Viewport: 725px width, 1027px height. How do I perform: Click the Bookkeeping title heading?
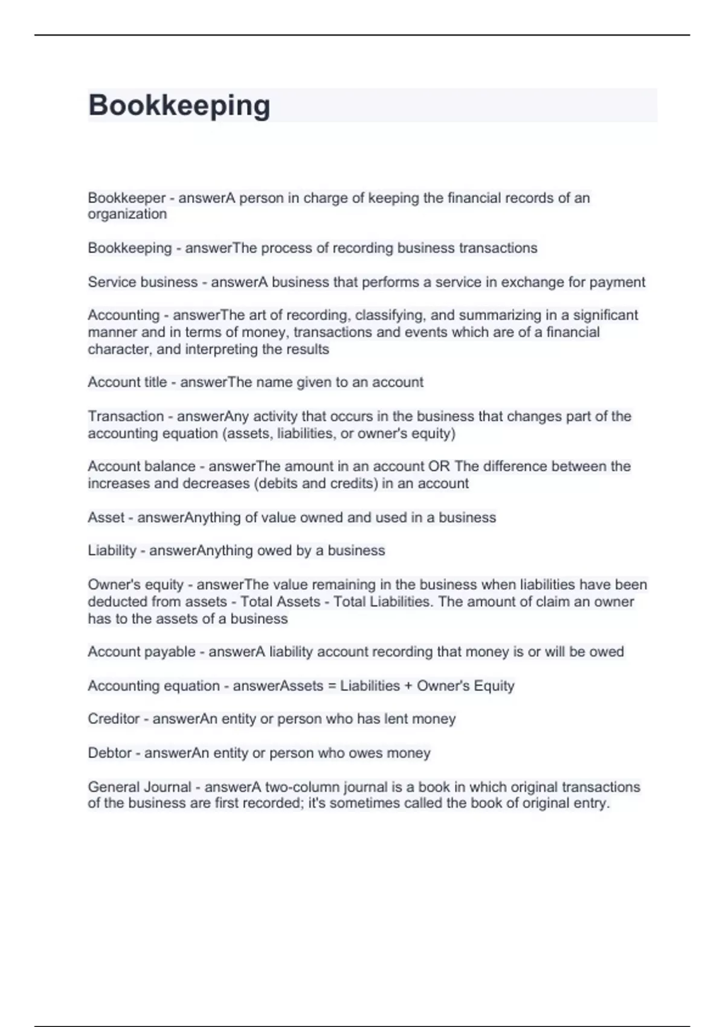(179, 105)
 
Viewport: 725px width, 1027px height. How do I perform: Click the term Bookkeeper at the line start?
(126, 198)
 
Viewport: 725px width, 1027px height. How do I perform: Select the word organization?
(127, 214)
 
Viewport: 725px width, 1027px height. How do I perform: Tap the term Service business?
(143, 282)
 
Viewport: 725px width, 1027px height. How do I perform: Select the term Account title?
(127, 382)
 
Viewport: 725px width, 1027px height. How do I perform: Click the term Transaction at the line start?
(126, 416)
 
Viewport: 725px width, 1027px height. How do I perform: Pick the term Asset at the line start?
(106, 518)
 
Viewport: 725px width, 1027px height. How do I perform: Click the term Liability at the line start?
(112, 551)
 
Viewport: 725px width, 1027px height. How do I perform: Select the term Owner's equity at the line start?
(135, 585)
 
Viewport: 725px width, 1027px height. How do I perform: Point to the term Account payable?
(141, 652)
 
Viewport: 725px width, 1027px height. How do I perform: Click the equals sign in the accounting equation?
(332, 686)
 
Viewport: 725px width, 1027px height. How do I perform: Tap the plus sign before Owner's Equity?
(408, 686)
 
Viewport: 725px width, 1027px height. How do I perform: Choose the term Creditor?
(114, 719)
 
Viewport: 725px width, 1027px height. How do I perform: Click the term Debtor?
(109, 753)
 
